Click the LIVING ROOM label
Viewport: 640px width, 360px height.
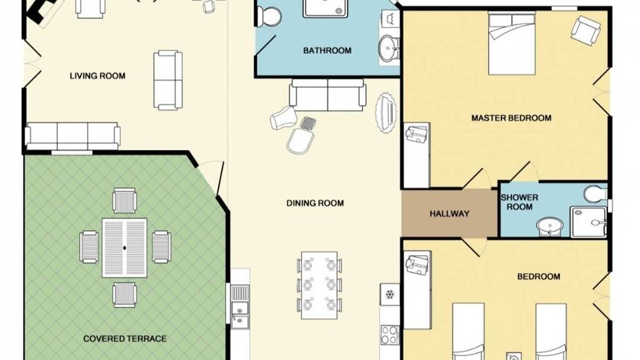click(97, 76)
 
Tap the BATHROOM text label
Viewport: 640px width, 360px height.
click(327, 51)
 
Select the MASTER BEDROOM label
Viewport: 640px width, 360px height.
click(511, 118)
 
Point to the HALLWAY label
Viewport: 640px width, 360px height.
click(449, 214)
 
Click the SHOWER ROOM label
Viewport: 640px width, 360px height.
click(519, 202)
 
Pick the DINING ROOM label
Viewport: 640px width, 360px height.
click(315, 203)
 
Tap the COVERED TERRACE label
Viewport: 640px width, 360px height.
click(125, 339)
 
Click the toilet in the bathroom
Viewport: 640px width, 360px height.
click(268, 16)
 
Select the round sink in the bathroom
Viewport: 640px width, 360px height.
click(389, 48)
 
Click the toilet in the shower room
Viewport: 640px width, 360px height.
click(596, 194)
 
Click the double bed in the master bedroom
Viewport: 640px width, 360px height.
click(512, 43)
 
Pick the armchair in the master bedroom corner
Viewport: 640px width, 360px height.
click(586, 31)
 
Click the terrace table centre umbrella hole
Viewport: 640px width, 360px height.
click(124, 247)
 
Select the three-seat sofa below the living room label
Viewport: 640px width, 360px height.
click(72, 135)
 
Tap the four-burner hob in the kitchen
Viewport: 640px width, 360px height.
click(390, 335)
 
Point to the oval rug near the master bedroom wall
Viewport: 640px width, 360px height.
click(386, 112)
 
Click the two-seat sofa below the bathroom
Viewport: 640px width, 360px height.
click(327, 95)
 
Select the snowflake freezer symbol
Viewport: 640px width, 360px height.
click(390, 294)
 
